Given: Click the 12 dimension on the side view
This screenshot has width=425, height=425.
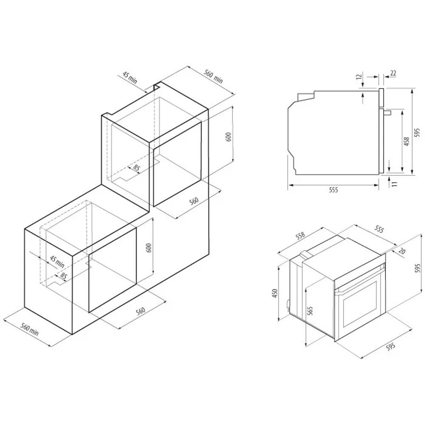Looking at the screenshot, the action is point(359,76).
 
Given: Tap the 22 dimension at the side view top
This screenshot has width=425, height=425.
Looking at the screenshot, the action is point(393,73).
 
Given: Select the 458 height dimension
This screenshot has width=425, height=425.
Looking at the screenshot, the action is point(407,142).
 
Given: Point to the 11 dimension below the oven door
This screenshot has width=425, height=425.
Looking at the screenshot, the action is point(395,184).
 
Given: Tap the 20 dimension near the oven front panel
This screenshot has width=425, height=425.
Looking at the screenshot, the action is point(402,251).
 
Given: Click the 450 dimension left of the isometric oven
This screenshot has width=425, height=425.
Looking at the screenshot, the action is point(275,293).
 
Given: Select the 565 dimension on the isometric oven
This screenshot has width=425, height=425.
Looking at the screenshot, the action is point(311,311).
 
